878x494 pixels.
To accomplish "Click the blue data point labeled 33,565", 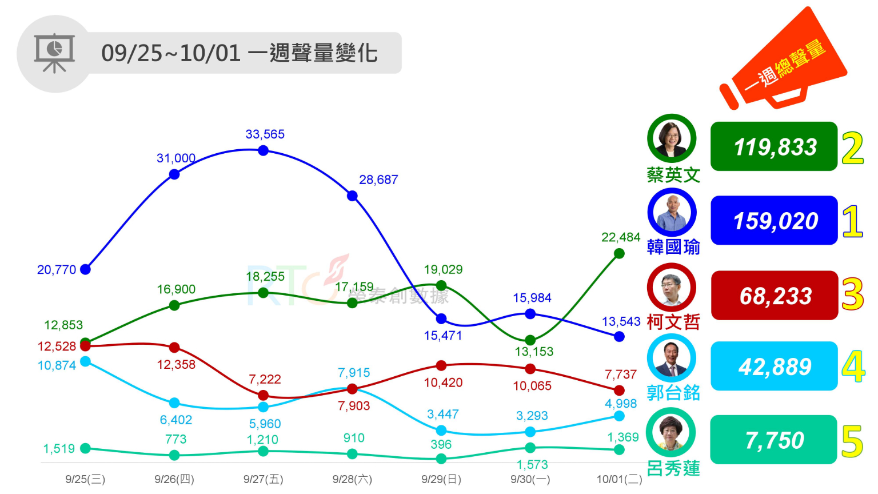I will point(263,150).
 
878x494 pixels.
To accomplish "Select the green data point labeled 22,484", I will point(619,253).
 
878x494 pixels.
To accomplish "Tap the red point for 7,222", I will point(263,395).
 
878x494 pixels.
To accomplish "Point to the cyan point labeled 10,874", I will point(86,361).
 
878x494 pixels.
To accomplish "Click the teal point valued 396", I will point(441,459).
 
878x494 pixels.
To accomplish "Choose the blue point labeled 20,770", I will point(86,269).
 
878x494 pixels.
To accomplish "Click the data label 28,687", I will point(378,180).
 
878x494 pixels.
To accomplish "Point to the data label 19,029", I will point(443,269).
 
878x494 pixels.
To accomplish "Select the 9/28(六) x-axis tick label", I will point(352,479).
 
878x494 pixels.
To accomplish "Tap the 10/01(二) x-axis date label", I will point(619,479).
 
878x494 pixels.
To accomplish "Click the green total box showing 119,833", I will point(774,146).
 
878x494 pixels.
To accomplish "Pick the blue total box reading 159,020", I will point(774,221).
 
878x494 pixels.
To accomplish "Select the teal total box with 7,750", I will point(774,440).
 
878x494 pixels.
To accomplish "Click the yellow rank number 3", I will point(852,294).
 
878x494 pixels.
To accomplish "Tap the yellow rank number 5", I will point(852,441).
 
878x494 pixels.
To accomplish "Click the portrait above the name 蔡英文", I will point(672,138).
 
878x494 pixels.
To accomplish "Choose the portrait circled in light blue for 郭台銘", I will point(672,358).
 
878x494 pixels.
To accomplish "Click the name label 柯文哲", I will point(673,322).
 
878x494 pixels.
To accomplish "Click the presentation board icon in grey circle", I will point(54,54).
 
